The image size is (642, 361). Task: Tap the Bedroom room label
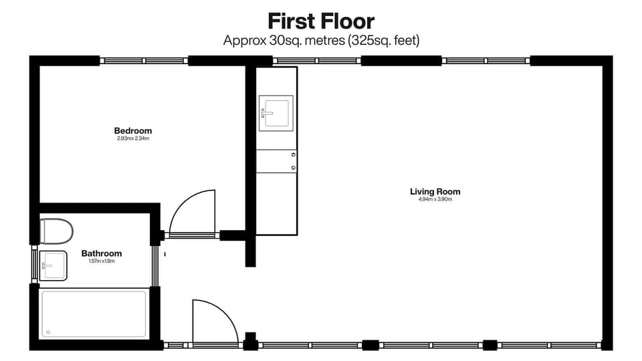[132, 131]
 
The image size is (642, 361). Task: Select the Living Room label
[435, 192]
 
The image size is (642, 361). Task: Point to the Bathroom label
[102, 253]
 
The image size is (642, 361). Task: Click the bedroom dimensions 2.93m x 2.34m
[132, 139]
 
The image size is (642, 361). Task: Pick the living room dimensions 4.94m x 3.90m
[435, 200]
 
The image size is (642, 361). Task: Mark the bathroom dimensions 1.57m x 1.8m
[102, 261]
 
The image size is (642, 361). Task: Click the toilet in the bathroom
[56, 231]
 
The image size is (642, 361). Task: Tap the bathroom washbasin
[53, 265]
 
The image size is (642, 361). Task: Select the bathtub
[94, 314]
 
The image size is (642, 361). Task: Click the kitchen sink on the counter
[276, 112]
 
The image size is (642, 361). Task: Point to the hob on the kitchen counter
[276, 161]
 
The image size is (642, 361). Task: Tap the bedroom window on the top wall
[144, 61]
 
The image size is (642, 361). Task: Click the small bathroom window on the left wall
[34, 265]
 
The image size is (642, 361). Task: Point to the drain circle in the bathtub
[49, 332]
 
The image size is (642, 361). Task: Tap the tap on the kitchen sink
[267, 112]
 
